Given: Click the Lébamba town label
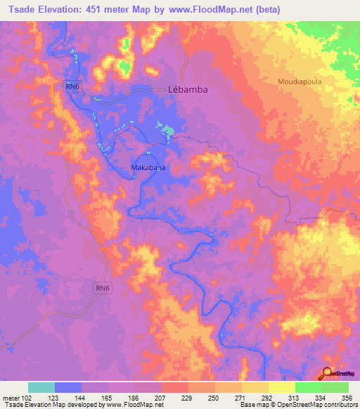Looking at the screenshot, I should [x=189, y=90].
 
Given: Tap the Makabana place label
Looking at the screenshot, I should [x=148, y=168].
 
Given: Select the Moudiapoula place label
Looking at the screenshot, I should [x=301, y=82].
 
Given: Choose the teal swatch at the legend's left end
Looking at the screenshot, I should [x=41, y=387].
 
